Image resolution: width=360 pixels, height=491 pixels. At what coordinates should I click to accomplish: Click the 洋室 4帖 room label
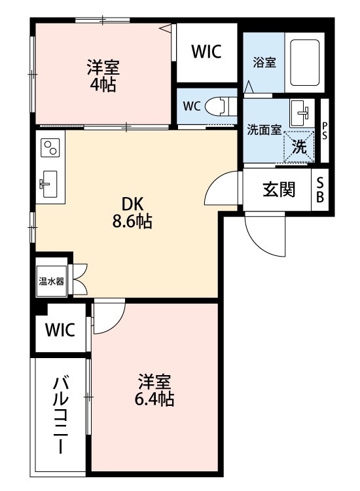coord(103,75)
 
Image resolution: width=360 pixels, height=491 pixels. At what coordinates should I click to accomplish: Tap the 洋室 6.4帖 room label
coord(155,390)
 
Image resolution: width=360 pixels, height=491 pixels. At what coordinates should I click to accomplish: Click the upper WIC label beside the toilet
coord(206,52)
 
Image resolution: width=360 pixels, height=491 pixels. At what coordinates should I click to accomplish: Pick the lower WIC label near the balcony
coord(60,329)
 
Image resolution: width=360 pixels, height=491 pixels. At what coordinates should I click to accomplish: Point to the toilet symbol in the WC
coord(219,106)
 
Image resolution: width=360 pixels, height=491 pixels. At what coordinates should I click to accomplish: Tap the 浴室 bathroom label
coord(264,62)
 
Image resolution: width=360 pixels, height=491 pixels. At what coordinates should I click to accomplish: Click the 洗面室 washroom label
coord(264,129)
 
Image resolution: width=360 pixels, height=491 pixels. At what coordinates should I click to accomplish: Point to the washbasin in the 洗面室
coord(301,113)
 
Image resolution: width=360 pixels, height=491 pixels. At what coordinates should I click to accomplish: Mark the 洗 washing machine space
coord(298,147)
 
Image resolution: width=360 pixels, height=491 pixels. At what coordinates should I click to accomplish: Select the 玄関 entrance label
coord(278,190)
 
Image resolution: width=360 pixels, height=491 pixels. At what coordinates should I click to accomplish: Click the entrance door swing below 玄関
coord(265,232)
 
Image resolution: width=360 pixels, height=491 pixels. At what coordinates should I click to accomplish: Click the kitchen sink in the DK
coord(49,183)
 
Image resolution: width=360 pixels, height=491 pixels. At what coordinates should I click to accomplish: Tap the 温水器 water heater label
coord(50,282)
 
